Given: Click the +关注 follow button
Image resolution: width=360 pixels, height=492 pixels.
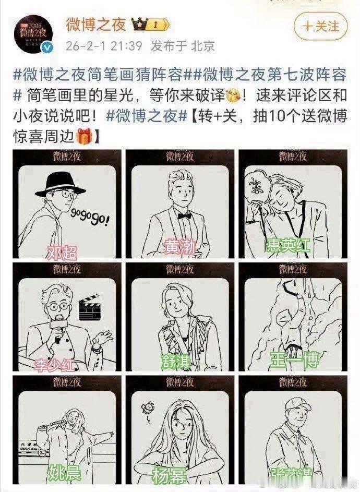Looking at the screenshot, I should point(321,26).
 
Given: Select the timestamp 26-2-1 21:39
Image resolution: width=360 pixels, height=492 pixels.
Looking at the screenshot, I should point(104,46).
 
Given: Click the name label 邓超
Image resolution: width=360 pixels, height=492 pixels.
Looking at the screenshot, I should point(62,253).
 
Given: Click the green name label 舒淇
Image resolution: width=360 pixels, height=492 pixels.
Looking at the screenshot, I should point(176,361).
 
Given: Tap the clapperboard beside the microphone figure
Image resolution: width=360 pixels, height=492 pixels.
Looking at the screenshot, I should point(89,309).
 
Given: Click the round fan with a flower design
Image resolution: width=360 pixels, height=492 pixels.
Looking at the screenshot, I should point(257,187).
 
